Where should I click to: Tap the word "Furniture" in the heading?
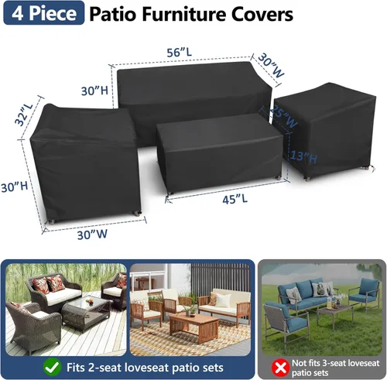tap(183, 15)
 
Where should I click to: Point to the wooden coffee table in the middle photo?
tap(193, 324)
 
